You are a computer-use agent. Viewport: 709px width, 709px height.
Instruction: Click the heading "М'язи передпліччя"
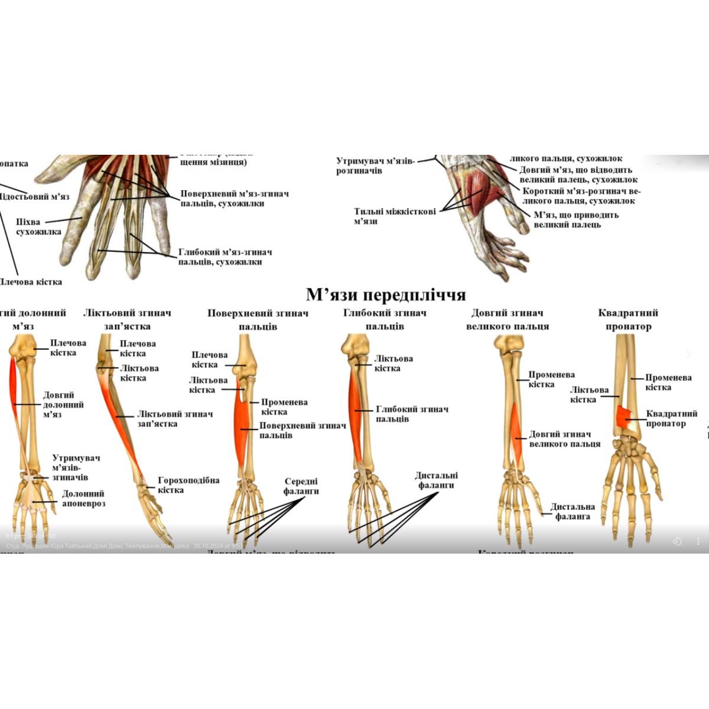(x=386, y=294)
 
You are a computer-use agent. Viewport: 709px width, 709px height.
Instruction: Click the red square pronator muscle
(x=624, y=417)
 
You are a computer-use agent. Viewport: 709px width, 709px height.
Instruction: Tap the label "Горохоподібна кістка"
(x=188, y=485)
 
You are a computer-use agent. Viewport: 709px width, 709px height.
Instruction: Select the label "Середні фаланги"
(x=301, y=486)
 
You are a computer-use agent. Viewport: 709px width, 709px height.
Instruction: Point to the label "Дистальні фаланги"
(x=436, y=480)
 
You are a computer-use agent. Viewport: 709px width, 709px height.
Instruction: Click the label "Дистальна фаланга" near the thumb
(x=572, y=512)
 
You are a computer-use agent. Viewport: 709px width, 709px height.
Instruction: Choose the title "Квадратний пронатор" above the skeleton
(x=628, y=320)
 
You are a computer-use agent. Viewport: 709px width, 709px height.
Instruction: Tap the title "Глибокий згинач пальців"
(x=385, y=320)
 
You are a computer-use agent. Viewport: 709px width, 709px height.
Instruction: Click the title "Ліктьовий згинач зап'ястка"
(x=127, y=320)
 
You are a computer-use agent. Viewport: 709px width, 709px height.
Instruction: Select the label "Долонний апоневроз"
(x=83, y=499)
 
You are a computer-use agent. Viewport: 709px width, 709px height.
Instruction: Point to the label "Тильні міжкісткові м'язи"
(x=394, y=216)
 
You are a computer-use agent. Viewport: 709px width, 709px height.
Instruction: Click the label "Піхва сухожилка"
(x=38, y=227)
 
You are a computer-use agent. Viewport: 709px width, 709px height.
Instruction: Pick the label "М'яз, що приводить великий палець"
(x=575, y=220)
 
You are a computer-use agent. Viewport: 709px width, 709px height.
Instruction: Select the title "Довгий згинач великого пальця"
(x=507, y=320)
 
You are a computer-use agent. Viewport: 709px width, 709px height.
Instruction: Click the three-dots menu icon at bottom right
(x=698, y=541)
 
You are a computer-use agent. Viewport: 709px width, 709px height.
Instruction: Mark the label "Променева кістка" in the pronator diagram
(x=668, y=382)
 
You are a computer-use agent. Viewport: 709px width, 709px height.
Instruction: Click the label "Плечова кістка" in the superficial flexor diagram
(x=209, y=360)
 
